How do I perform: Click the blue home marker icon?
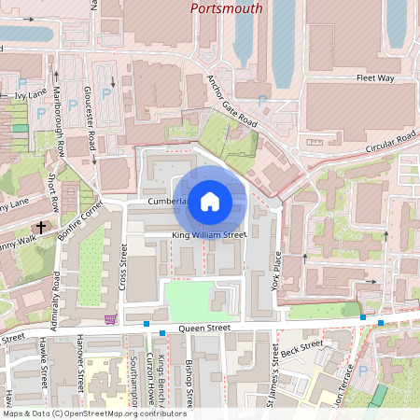pyautogui.click(x=210, y=201)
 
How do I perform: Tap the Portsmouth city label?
pyautogui.click(x=226, y=8)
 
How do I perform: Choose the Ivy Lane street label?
pyautogui.click(x=30, y=95)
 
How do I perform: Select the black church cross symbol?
pyautogui.click(x=40, y=227)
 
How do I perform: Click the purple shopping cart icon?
pyautogui.click(x=111, y=319)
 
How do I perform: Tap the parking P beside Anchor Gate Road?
pyautogui.click(x=261, y=99)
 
